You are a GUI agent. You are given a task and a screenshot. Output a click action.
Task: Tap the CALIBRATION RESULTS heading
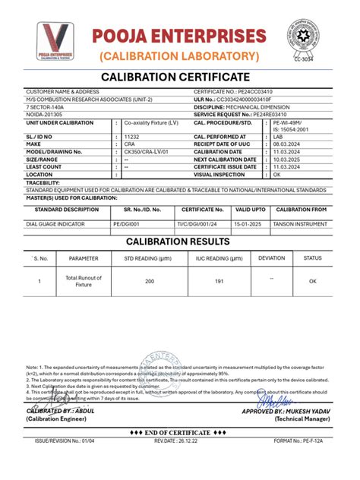pyautogui.click(x=179, y=241)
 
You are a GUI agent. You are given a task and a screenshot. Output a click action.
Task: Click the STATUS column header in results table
pyautogui.click(x=313, y=258)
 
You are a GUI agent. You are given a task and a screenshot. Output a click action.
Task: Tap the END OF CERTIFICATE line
pyautogui.click(x=179, y=448)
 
